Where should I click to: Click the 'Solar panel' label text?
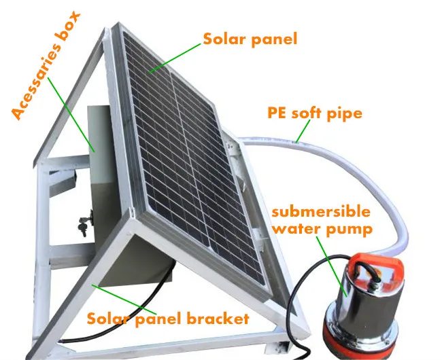coord(250,39)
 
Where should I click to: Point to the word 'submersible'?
coord(322,212)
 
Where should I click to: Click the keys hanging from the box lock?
coord(84,224)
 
